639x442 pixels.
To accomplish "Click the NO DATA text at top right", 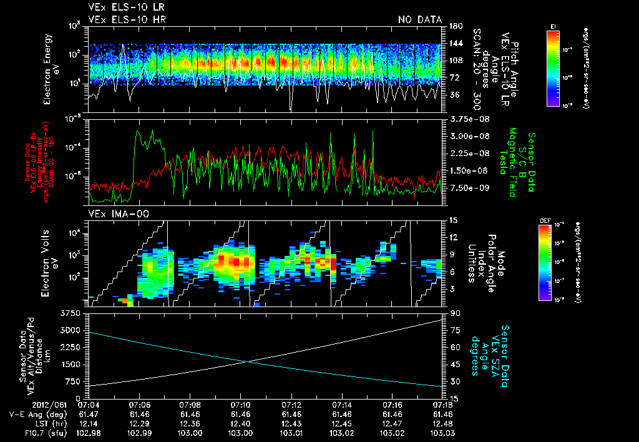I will coord(419,20).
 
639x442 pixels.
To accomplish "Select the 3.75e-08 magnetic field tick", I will coord(464,119).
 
